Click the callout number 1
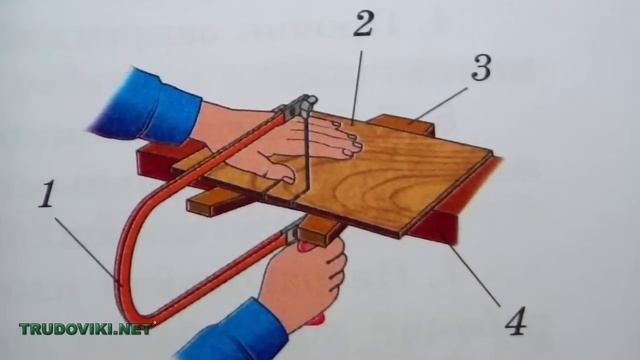[x=47, y=193]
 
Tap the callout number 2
[x=363, y=23]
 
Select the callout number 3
[x=481, y=67]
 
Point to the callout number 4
[x=516, y=321]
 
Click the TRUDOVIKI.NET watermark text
[x=85, y=329]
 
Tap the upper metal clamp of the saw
[x=300, y=105]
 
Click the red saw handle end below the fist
[x=317, y=319]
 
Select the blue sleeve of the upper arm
[x=147, y=107]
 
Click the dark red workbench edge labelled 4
[x=453, y=204]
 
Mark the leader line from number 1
[x=87, y=250]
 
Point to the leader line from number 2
[x=357, y=87]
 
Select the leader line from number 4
[x=476, y=276]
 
